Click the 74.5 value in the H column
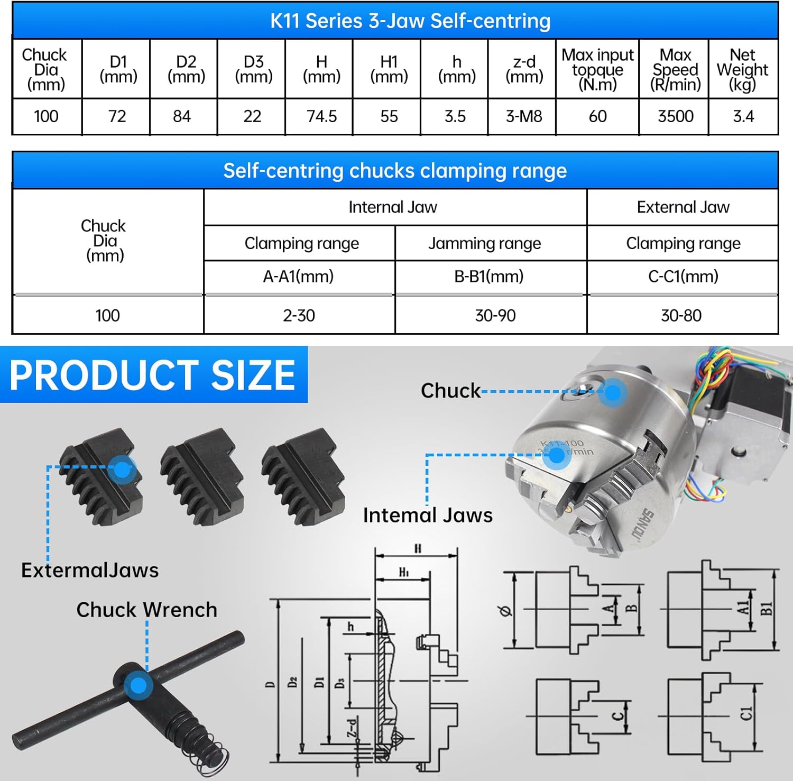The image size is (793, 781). coord(321,116)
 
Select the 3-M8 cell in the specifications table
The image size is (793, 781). coord(523,116)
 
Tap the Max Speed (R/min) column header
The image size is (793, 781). coord(675,69)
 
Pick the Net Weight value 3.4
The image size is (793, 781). coord(743,116)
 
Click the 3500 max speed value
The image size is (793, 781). coord(675,116)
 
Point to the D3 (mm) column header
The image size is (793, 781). coord(254,69)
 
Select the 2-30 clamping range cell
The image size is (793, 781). coord(299,316)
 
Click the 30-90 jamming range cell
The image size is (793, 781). coord(495,316)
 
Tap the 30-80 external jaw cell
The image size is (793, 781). coord(681,316)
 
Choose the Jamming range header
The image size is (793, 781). coord(485,243)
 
